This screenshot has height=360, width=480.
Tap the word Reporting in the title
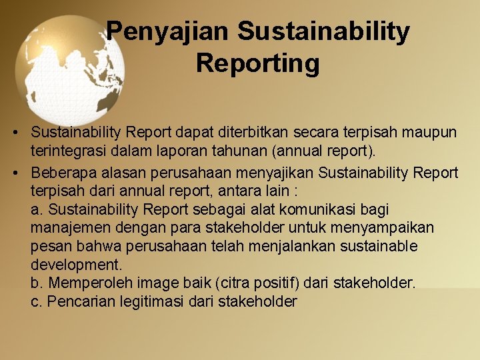[x=258, y=63]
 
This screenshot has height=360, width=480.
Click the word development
[x=76, y=265]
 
